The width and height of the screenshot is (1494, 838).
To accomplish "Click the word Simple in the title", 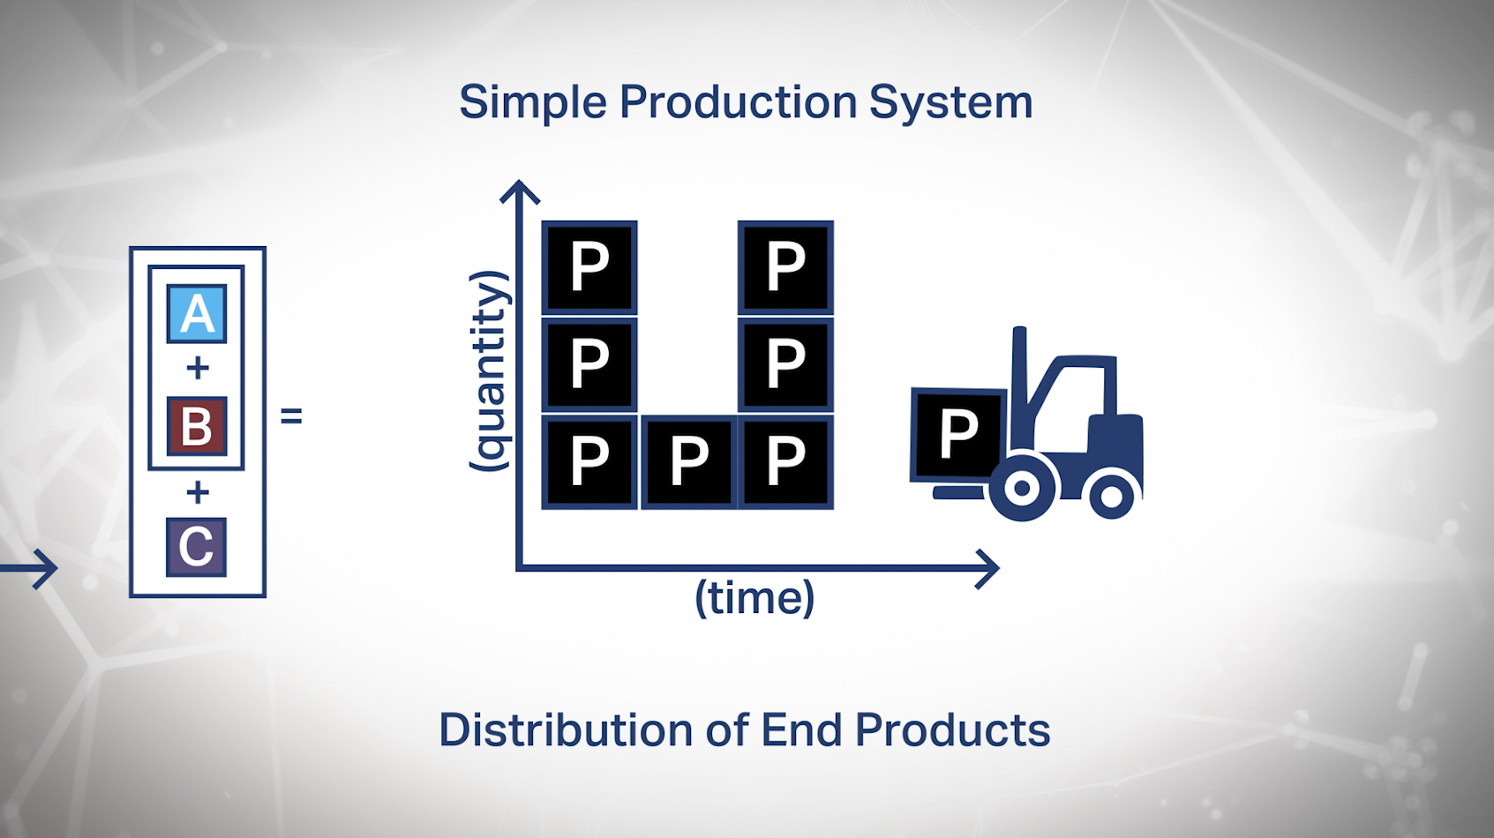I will coord(532,102).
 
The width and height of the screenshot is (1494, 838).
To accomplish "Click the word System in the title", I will coord(950,102).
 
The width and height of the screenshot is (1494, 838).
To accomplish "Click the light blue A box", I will coord(197,313).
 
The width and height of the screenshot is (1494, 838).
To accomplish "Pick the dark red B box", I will coord(197,426).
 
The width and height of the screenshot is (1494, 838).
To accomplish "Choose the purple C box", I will coord(196,547).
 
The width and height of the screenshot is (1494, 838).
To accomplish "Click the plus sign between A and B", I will coord(198,368).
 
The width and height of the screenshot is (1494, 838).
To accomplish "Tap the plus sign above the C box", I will coord(198,491).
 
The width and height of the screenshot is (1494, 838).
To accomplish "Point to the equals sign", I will coord(291,415).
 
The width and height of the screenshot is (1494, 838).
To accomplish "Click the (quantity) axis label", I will coord(488,370).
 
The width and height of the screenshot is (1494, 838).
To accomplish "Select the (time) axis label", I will coord(755,598).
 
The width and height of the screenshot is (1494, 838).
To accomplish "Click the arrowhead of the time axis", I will coord(990,569).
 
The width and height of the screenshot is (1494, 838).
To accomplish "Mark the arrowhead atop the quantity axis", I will coord(520,191).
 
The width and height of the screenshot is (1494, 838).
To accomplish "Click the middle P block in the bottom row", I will coord(688,461).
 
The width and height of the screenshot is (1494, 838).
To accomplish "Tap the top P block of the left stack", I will coord(589,266).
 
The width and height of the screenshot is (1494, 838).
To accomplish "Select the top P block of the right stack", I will coord(785,266).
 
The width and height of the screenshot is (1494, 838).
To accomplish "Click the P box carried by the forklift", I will coord(957,434).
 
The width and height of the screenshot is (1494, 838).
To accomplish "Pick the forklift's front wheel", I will coord(1022,488).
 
